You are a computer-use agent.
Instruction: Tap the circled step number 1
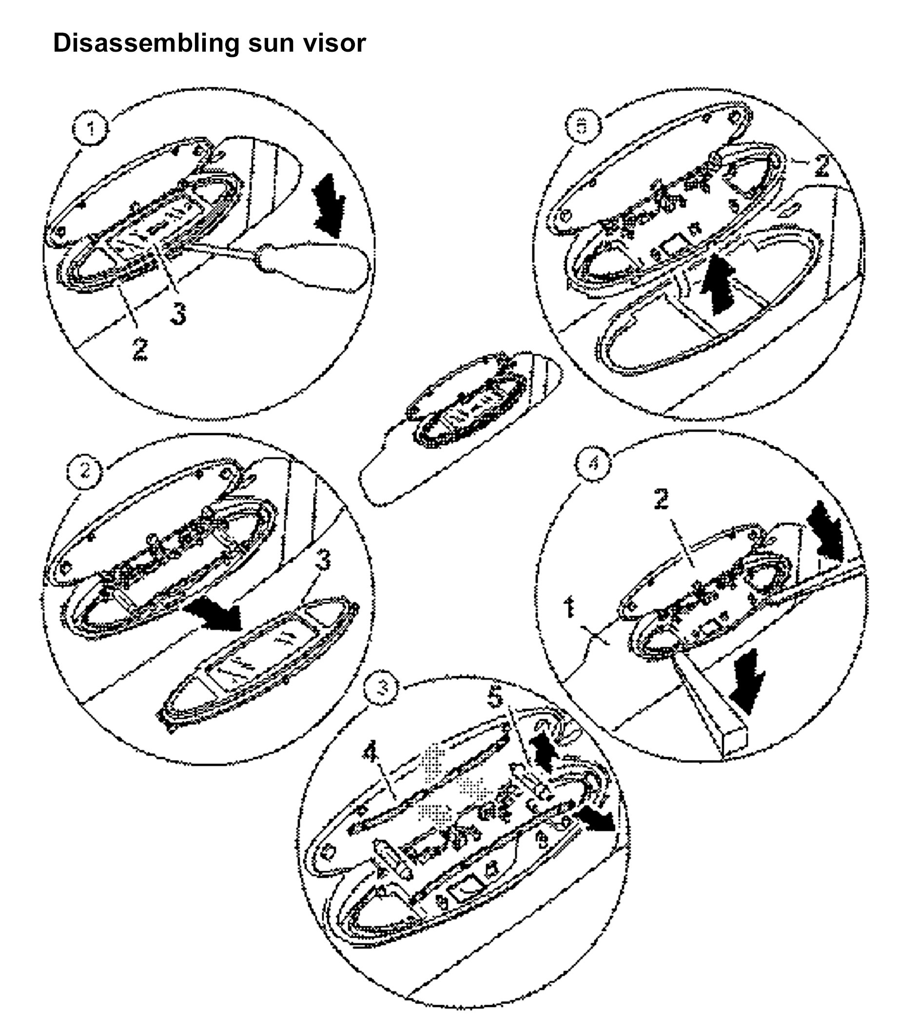pos(91,130)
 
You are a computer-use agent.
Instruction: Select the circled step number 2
pos(85,471)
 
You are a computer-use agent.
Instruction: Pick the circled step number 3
pos(382,687)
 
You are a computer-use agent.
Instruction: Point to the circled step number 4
pos(593,464)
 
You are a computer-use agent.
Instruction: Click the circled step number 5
pos(581,126)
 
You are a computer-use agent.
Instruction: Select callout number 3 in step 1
pos(177,312)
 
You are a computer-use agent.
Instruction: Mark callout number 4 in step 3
pos(371,753)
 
